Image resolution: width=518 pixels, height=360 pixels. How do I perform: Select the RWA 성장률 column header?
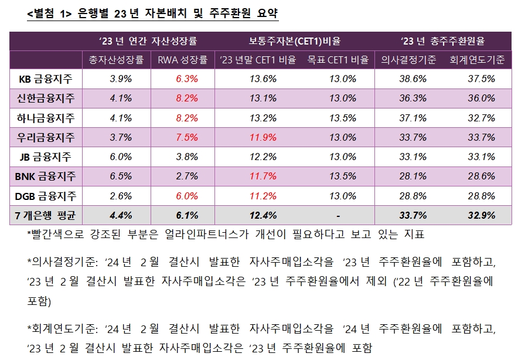(x=183, y=59)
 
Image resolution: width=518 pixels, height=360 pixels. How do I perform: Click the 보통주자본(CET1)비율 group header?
(x=294, y=41)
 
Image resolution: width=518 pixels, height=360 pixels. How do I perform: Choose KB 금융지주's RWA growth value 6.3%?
(x=187, y=79)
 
